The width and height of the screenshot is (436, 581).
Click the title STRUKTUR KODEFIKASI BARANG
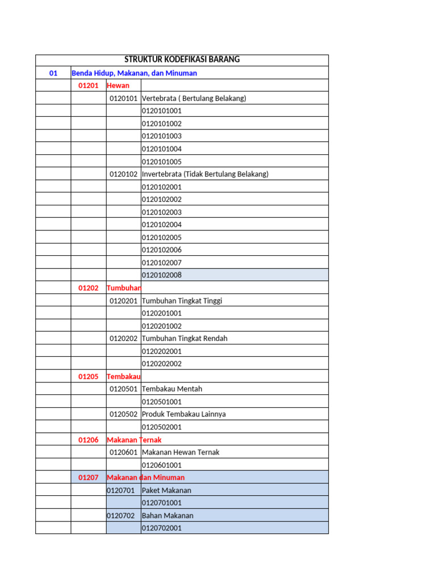(x=182, y=60)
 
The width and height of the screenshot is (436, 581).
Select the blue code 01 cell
(x=53, y=73)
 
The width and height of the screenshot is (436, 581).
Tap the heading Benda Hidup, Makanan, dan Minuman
(x=135, y=73)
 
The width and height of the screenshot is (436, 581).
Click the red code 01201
(x=89, y=86)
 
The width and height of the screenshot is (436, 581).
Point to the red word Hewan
(x=118, y=86)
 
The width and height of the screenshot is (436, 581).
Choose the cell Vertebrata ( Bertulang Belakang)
(x=194, y=98)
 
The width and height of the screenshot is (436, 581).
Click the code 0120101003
(x=162, y=136)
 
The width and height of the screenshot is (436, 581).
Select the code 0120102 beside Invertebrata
(x=124, y=174)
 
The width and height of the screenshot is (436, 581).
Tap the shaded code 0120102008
(x=162, y=275)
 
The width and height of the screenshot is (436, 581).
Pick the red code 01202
(x=89, y=288)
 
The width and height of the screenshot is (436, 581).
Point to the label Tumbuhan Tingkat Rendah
(x=185, y=339)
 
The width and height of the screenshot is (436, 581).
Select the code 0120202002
(x=162, y=364)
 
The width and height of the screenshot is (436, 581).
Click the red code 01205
(x=89, y=376)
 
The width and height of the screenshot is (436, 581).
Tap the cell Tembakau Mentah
(x=172, y=389)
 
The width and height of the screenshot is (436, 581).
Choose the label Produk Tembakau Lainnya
(x=184, y=414)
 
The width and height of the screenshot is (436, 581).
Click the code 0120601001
(x=162, y=465)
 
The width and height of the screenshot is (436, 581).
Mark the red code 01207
(x=89, y=478)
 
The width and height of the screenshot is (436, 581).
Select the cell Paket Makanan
(x=167, y=490)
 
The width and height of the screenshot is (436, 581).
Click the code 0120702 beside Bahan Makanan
(x=121, y=516)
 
